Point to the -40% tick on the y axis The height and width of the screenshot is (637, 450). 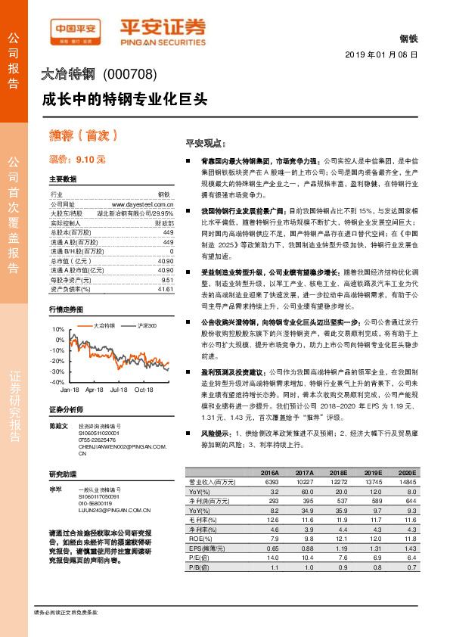click(58, 383)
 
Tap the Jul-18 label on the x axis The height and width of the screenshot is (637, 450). click(119, 390)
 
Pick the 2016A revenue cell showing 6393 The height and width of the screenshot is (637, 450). click(268, 481)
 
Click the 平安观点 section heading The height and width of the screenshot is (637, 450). click(205, 143)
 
